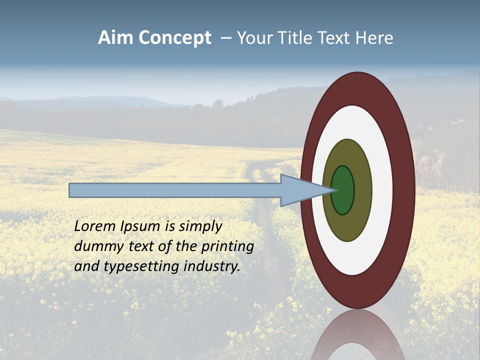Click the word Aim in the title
tap(115, 38)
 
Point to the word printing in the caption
tap(227, 247)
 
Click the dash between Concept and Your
tap(225, 38)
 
